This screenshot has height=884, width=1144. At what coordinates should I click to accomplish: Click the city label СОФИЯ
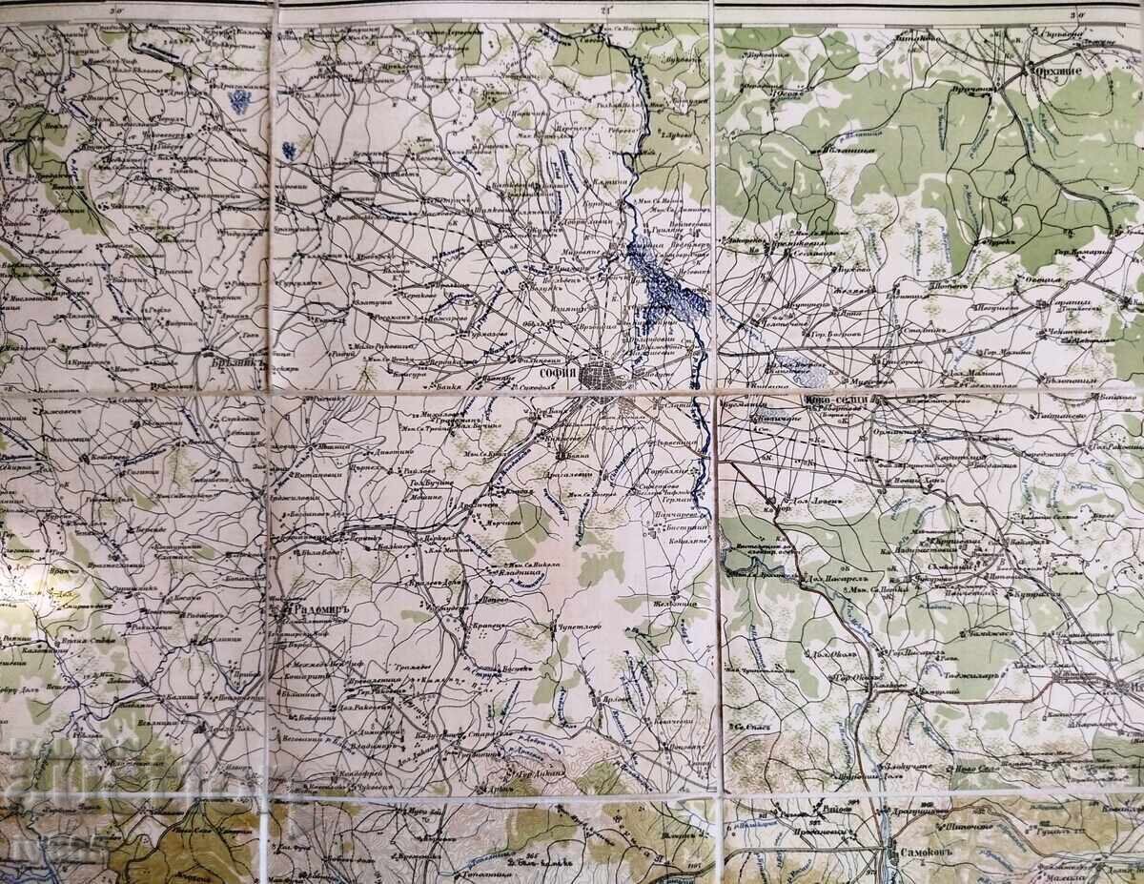(x=559, y=374)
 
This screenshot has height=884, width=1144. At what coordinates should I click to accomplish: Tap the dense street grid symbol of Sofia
(x=607, y=373)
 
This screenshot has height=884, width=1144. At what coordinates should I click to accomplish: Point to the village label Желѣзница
(x=675, y=604)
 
